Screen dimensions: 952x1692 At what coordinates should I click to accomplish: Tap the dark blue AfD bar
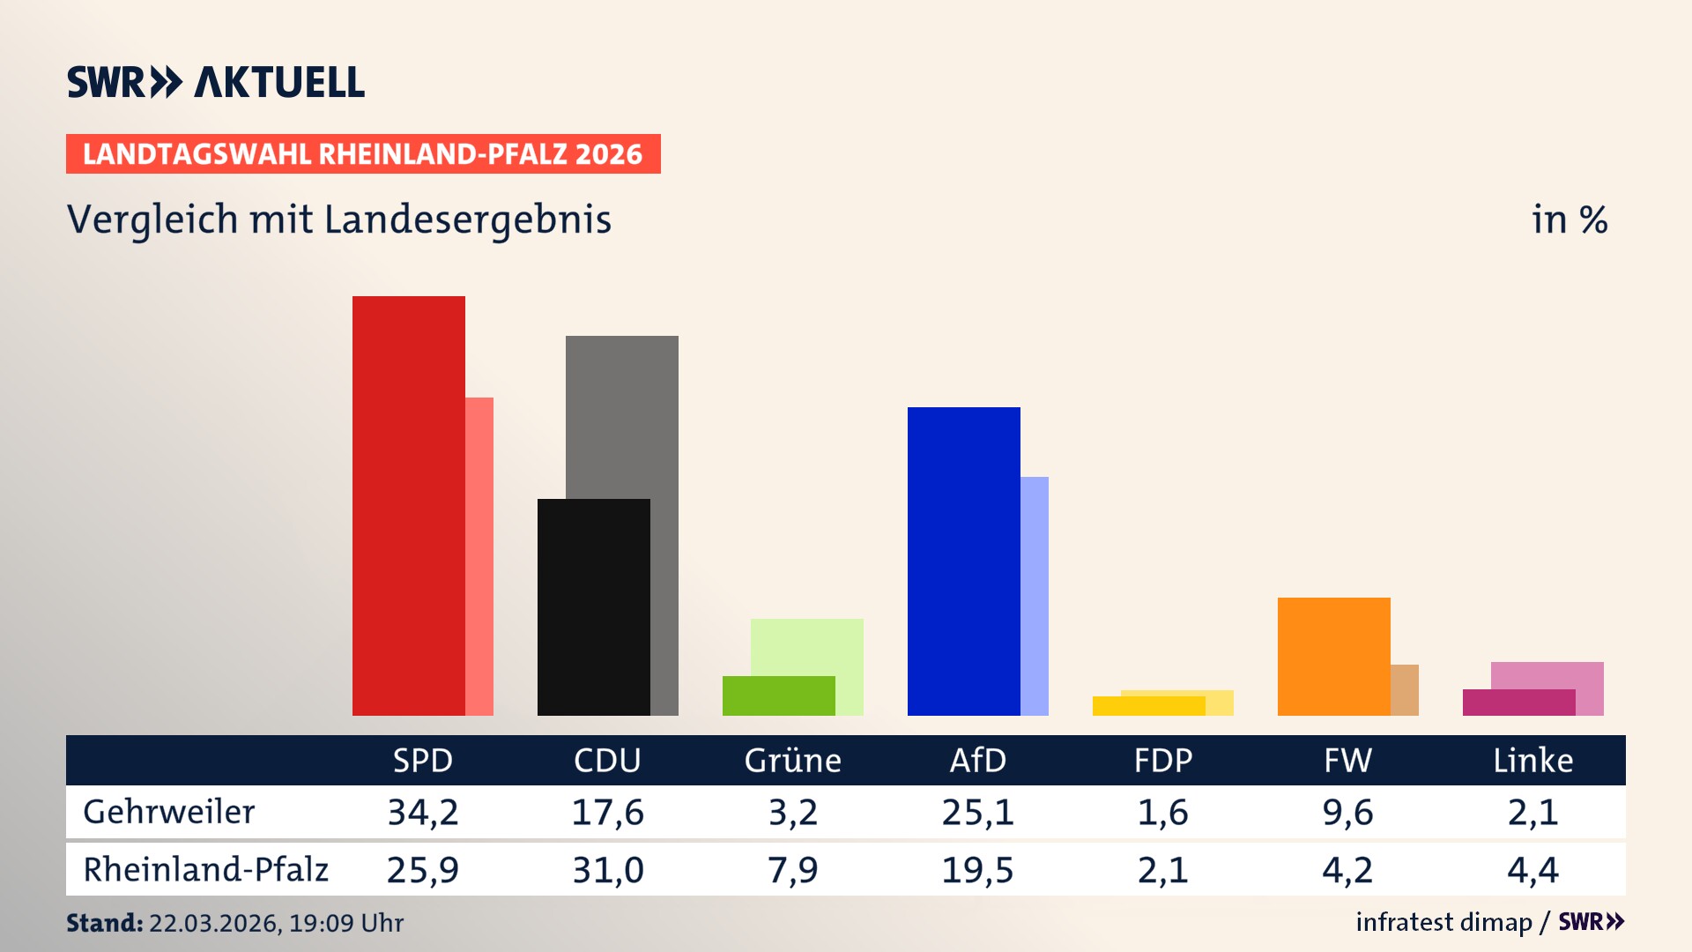963,561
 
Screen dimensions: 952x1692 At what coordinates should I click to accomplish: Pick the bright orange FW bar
1333,656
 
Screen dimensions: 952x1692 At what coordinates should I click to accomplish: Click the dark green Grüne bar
778,695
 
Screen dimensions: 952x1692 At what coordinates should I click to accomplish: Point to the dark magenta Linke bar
1518,703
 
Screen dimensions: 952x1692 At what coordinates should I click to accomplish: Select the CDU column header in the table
607,761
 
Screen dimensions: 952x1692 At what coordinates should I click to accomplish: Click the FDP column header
1162,761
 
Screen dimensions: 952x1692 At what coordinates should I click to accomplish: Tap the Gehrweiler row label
168,812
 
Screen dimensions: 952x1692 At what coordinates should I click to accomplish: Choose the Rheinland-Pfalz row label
205,870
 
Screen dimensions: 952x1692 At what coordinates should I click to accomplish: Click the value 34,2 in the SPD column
423,812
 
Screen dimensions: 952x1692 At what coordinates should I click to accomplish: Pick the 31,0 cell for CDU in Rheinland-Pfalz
607,870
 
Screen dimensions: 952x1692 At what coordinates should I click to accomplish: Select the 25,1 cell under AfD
977,812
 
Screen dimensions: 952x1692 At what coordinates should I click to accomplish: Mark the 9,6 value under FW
1347,812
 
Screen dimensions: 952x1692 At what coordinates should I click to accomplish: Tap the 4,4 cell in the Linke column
1532,870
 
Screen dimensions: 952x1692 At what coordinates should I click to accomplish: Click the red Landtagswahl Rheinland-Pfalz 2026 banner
363,154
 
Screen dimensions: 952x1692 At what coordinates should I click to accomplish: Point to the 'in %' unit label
1569,220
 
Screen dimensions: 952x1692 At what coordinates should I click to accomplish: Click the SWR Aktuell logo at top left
216,82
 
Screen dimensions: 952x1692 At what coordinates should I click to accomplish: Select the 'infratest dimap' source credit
1443,922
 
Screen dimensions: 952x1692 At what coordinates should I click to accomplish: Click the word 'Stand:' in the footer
104,923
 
